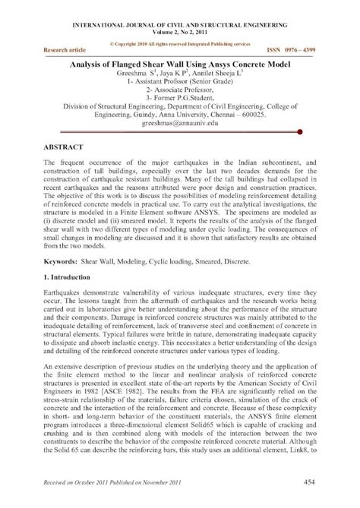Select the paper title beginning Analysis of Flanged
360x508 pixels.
(x=179, y=65)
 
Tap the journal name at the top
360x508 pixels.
(x=179, y=25)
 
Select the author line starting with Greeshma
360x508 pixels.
(x=179, y=75)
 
